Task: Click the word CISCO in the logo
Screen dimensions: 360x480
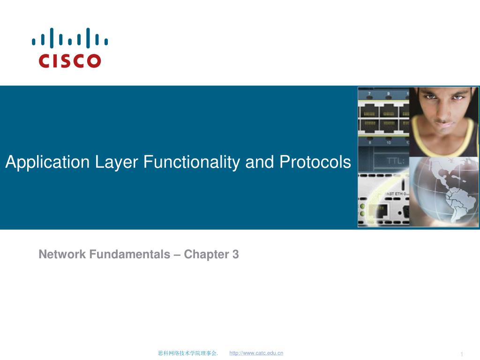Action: tap(70, 60)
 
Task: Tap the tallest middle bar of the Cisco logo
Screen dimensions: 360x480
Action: tap(70, 38)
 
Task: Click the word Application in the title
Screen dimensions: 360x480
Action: tap(47, 163)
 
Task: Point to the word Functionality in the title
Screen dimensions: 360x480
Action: tap(192, 163)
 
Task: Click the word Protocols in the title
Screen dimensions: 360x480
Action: tap(315, 163)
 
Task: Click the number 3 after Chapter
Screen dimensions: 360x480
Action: tap(235, 255)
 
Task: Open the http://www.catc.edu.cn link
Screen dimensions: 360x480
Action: tap(256, 353)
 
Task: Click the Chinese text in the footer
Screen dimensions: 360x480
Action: tap(187, 353)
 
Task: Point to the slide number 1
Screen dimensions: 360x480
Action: tap(462, 354)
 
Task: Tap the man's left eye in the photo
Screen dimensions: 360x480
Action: tap(458, 97)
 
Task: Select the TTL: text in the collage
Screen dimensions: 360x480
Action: tap(395, 160)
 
